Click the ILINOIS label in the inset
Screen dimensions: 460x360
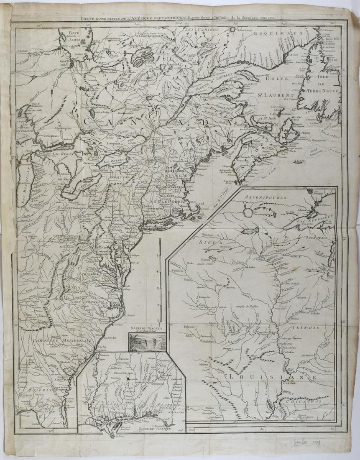tap(306, 328)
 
